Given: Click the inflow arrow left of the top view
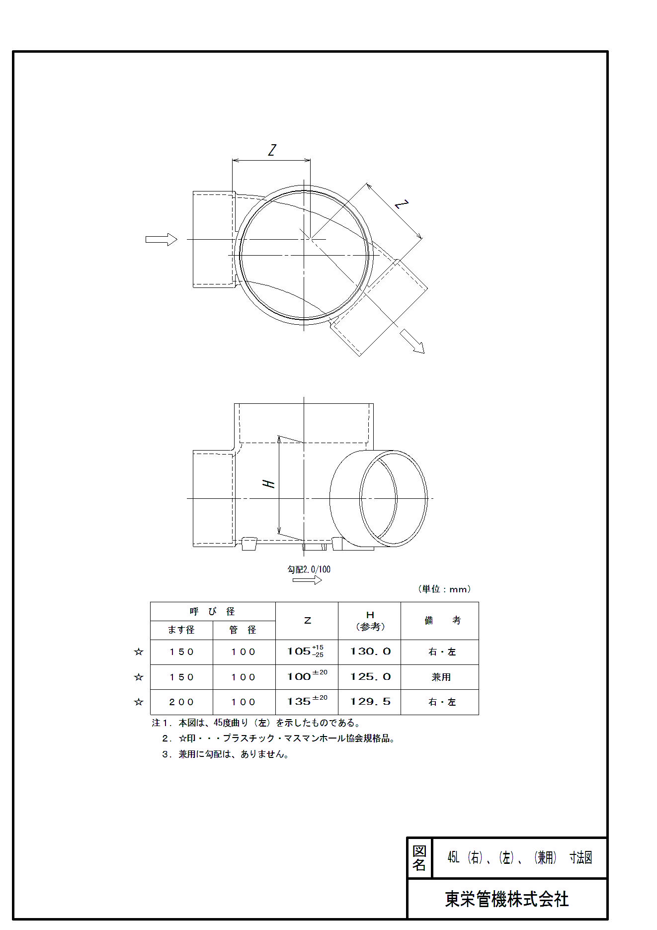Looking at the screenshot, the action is tap(162, 240).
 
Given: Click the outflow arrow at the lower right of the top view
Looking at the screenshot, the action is tap(412, 342).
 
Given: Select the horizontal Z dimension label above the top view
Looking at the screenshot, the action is tap(272, 150).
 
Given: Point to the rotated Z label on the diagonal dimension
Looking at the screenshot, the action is tap(402, 204).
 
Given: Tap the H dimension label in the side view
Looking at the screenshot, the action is tap(268, 484).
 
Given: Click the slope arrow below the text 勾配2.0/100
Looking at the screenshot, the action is tap(307, 580).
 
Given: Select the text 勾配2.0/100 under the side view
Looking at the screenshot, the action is tap(309, 569).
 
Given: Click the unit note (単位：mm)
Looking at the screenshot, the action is tap(444, 589).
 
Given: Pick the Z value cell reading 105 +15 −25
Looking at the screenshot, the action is tap(306, 651).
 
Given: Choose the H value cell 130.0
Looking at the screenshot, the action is tap(370, 651).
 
